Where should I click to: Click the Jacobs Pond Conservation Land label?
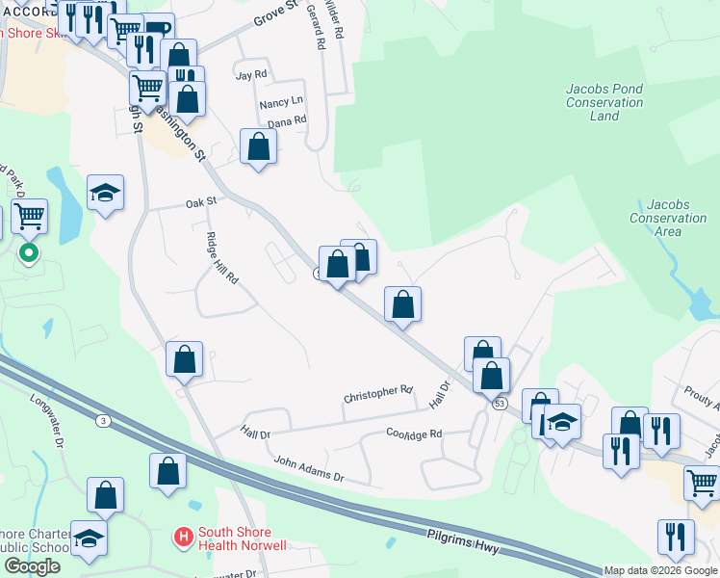pos(604,102)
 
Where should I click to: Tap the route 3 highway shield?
pos(102,421)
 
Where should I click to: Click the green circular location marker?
pos(29,253)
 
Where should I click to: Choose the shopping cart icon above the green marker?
pos(29,215)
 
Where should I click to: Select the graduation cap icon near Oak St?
pos(106,193)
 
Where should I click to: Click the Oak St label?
pos(202,203)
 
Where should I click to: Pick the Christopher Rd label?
pos(378,394)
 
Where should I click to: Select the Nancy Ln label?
pos(281,100)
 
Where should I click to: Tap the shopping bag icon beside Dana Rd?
pos(258,146)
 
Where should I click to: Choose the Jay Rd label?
pos(250,74)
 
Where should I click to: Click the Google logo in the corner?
pos(31,567)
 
